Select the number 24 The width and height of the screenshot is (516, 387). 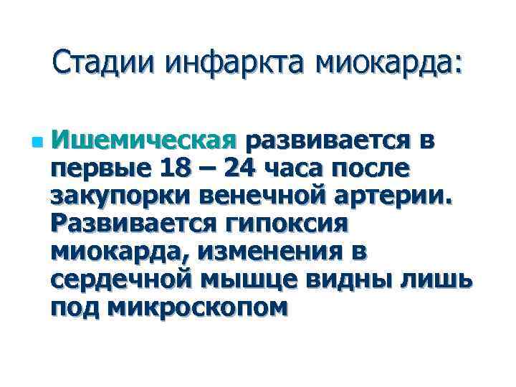click(x=240, y=170)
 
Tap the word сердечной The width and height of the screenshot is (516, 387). click(x=123, y=279)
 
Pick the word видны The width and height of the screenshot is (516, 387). click(x=358, y=279)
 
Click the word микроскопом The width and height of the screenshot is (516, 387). click(x=199, y=307)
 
